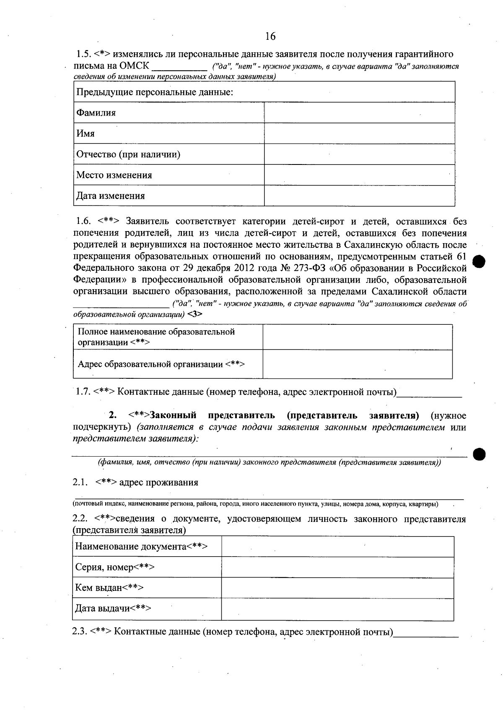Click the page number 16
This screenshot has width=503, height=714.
tap(270, 36)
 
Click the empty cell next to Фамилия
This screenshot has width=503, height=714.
tap(359, 113)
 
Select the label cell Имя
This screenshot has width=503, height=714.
tap(86, 134)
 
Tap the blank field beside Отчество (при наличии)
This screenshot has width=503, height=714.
tap(359, 154)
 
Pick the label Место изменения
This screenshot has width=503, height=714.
tap(114, 175)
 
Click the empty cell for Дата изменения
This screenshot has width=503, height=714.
tap(359, 196)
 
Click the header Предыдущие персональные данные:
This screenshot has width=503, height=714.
tap(154, 92)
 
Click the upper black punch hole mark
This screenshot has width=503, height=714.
tap(479, 262)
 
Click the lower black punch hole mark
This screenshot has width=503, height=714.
tap(479, 454)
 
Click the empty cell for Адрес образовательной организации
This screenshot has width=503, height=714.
tap(357, 364)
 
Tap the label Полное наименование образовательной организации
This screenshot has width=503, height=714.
tap(156, 337)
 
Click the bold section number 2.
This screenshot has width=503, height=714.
tap(112, 416)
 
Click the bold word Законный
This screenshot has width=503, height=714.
tap(173, 416)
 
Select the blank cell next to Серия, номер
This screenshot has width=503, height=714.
tap(337, 568)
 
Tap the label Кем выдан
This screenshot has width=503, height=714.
tap(109, 588)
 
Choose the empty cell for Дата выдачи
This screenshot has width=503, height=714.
tap(337, 609)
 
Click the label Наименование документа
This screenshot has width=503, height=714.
tap(141, 547)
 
